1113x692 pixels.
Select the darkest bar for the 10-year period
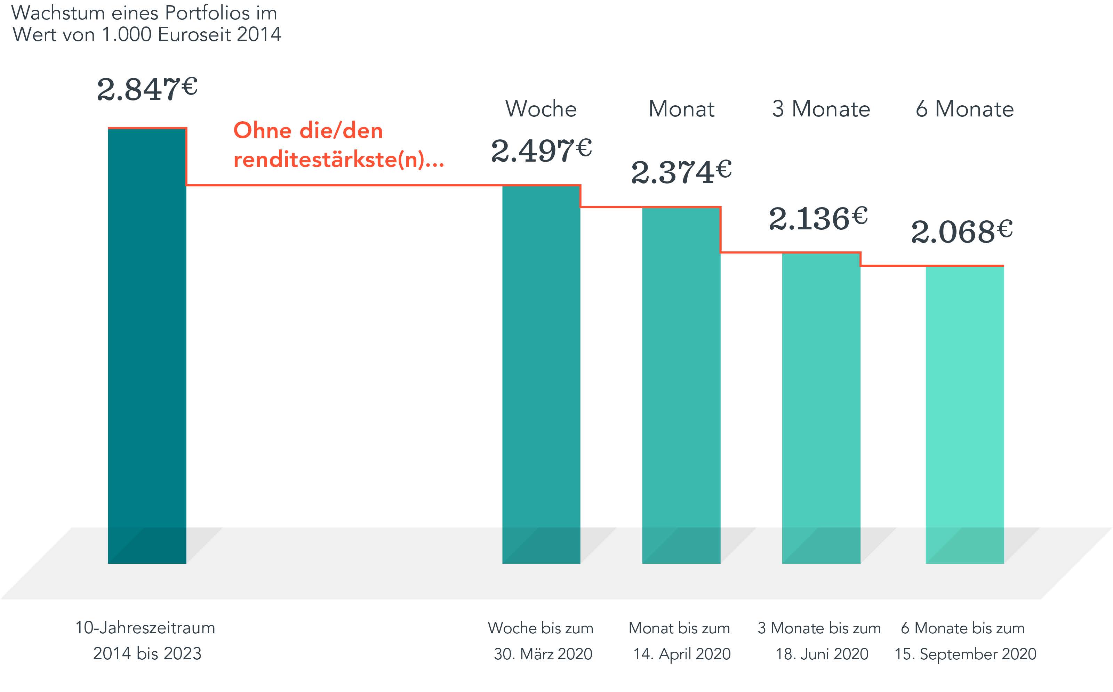pos(147,343)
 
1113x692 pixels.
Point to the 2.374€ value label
pos(681,172)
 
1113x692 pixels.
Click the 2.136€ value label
pos(818,218)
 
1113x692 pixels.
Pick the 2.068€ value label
pos(961,231)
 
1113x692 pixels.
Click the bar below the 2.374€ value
pos(681,384)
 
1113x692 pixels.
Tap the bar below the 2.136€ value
pos(821,407)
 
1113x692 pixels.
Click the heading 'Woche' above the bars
pos(541,109)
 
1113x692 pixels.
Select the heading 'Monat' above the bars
pos(681,109)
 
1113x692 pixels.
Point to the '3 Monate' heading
pos(821,109)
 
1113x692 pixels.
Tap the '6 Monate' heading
pos(964,109)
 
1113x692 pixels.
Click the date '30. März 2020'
pos(543,653)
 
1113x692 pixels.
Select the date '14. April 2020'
pos(682,653)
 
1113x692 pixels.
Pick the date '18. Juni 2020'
pos(822,653)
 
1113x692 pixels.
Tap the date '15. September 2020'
pos(965,653)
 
